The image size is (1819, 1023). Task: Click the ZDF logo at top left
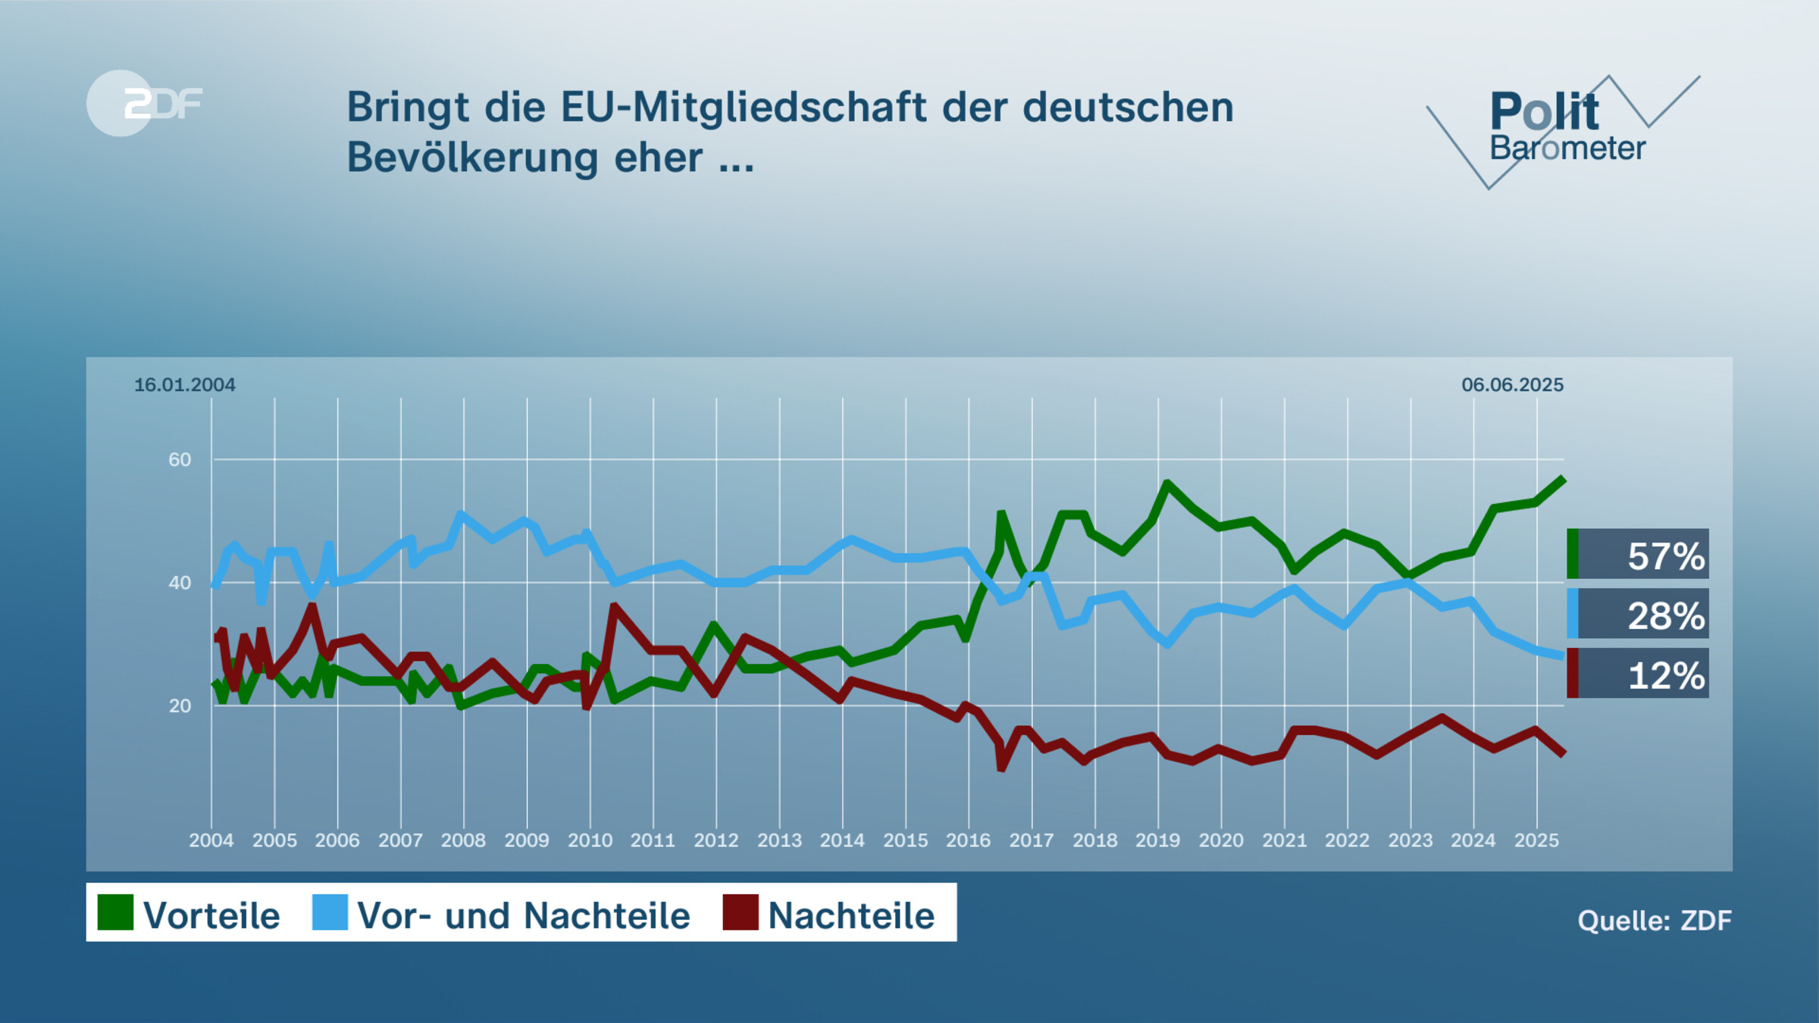click(x=144, y=103)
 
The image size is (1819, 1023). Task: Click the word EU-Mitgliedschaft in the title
click(x=743, y=108)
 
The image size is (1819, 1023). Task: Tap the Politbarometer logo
click(x=1565, y=129)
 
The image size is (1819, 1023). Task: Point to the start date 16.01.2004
click(x=184, y=385)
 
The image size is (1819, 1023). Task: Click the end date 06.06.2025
click(x=1512, y=385)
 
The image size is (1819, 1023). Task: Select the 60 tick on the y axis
click(x=180, y=459)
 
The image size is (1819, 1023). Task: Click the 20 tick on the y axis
click(x=180, y=706)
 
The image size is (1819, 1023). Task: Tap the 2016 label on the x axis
click(x=968, y=840)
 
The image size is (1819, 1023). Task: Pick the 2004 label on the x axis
click(x=211, y=840)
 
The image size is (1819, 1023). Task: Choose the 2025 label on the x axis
click(x=1536, y=840)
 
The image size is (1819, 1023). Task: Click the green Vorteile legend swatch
click(x=115, y=912)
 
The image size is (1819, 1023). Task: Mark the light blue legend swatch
click(x=330, y=912)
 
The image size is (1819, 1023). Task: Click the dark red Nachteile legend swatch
click(x=740, y=912)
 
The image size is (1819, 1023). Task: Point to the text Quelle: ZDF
click(x=1654, y=921)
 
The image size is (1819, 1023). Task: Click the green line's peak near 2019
click(x=1167, y=483)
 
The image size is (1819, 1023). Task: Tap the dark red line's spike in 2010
click(x=614, y=606)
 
